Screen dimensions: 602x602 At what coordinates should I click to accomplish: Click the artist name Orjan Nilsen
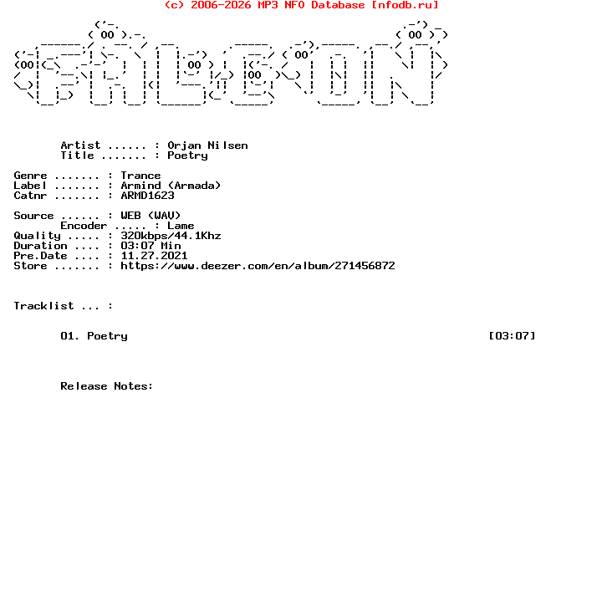[207, 145]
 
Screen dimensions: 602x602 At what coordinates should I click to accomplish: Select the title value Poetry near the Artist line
[187, 156]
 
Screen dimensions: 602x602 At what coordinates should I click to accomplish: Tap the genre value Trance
[140, 176]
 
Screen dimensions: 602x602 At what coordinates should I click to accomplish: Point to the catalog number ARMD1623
[147, 196]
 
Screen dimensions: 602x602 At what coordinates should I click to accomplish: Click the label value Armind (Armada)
[171, 186]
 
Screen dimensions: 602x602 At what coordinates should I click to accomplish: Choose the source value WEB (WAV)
[150, 216]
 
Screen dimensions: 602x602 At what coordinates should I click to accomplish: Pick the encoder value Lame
[181, 226]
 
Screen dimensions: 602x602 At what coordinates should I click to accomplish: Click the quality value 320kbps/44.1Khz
[171, 235]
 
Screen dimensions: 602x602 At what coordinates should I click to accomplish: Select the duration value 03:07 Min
[150, 245]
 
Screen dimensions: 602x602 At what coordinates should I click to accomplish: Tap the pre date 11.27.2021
[154, 256]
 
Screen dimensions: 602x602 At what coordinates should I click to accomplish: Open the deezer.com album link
[258, 266]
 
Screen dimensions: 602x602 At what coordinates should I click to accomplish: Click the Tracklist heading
[43, 306]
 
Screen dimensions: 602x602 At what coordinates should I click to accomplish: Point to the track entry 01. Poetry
[94, 336]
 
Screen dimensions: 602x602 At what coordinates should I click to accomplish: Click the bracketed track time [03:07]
[512, 336]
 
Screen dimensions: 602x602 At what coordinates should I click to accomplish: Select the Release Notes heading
[107, 385]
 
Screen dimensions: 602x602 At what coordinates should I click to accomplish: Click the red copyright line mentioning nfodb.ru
[301, 5]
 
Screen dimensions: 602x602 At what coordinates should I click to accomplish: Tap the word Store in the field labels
[30, 266]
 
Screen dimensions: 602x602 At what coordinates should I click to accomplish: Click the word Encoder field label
[84, 226]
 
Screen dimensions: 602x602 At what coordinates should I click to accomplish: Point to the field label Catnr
[30, 196]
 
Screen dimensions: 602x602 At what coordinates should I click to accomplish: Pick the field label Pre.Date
[40, 256]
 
